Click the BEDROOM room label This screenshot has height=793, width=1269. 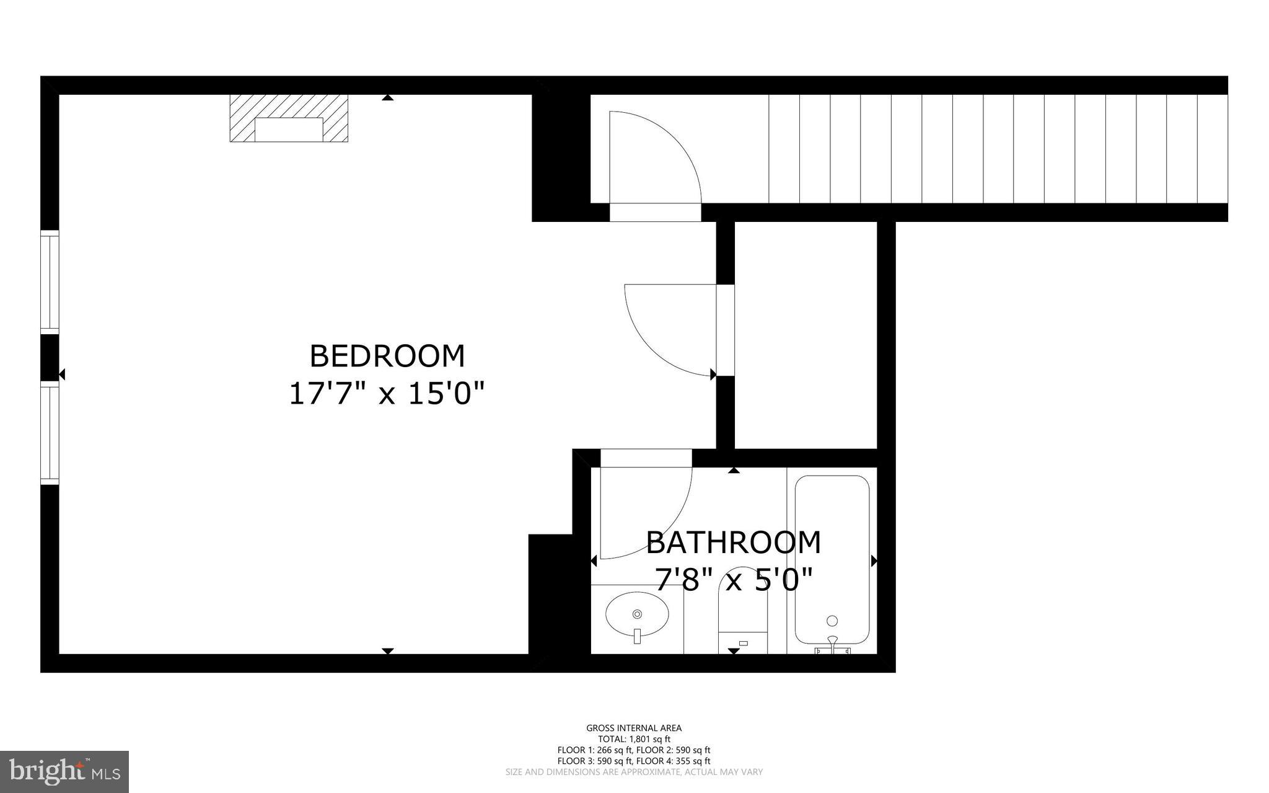coord(387,357)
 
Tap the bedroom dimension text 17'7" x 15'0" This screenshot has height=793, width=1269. coord(387,394)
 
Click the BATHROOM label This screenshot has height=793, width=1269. coord(733,543)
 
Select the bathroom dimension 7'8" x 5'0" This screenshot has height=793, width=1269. coord(733,580)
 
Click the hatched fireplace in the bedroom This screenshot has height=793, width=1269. coord(289,118)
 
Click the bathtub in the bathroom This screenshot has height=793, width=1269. coord(832,558)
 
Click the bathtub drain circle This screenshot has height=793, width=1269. coord(832,621)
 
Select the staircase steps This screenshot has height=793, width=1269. coord(998,149)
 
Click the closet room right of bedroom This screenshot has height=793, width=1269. coord(806,335)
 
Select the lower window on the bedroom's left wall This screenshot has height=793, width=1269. coord(50,432)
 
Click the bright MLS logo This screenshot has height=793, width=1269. coord(64,771)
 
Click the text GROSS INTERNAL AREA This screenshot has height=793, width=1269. coord(634,728)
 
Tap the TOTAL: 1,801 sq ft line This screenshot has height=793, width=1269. coord(634,739)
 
